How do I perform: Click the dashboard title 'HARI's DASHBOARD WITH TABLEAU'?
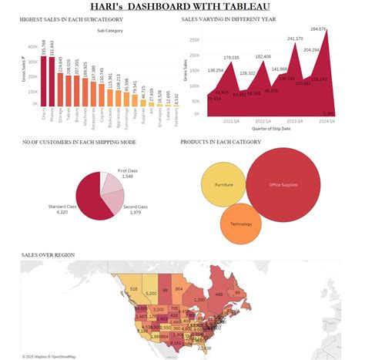pos(182,7)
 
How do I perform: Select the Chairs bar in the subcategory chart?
pos(43,77)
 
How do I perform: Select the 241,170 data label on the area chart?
pos(295,39)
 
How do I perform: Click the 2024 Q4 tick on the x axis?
pos(327,120)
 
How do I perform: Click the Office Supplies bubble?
pos(284,183)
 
